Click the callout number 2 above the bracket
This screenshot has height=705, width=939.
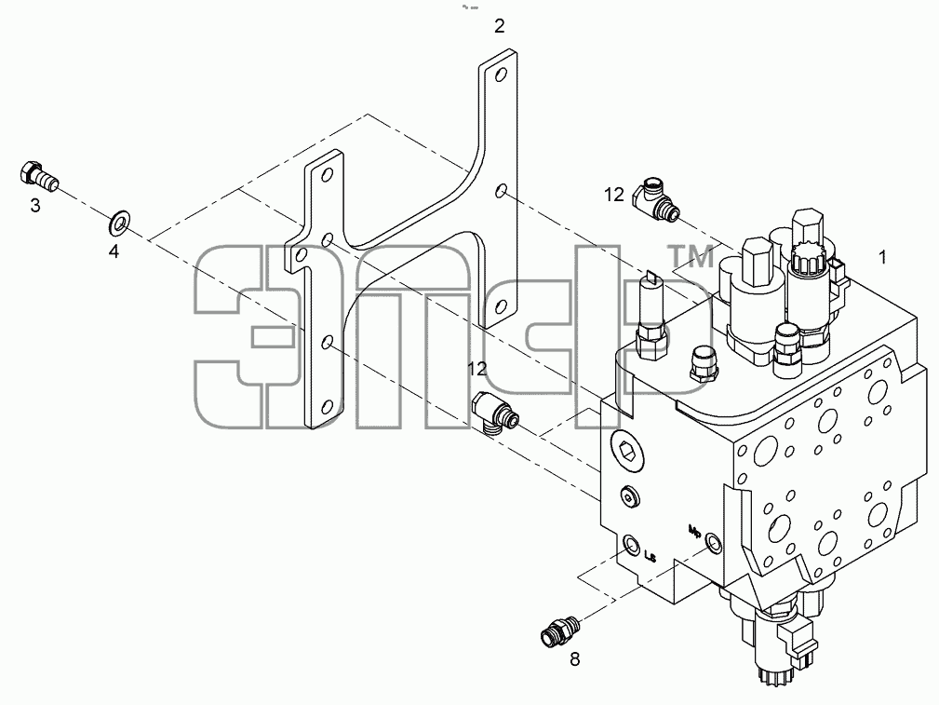(499, 26)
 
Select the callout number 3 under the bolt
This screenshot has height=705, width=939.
(35, 206)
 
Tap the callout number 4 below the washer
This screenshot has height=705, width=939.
(114, 251)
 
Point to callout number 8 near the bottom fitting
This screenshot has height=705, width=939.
(575, 659)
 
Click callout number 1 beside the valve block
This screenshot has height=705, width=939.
(882, 257)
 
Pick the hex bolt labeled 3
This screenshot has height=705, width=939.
(39, 176)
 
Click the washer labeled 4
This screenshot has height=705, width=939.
(120, 223)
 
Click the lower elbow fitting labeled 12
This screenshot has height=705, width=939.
(495, 413)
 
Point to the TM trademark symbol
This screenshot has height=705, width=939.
(691, 257)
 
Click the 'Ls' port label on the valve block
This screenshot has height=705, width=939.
(651, 556)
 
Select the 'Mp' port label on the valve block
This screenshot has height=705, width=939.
(695, 531)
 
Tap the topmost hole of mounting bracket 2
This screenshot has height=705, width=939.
(502, 75)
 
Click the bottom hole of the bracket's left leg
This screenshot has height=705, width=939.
(327, 408)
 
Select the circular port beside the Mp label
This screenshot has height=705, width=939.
(713, 542)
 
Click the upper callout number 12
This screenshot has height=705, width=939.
(614, 195)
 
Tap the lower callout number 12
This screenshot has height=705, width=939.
(477, 369)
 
